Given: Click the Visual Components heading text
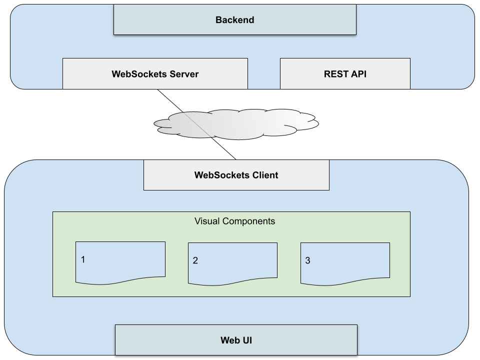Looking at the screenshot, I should point(234,221).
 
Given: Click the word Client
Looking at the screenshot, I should point(263,175).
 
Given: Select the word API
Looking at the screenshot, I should point(358,74).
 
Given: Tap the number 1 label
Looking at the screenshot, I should point(83,259).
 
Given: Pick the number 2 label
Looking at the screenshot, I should point(195,260).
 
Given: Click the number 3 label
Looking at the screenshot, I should point(307,260).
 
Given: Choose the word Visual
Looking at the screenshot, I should point(206,221).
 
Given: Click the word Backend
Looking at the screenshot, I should point(235,20).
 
